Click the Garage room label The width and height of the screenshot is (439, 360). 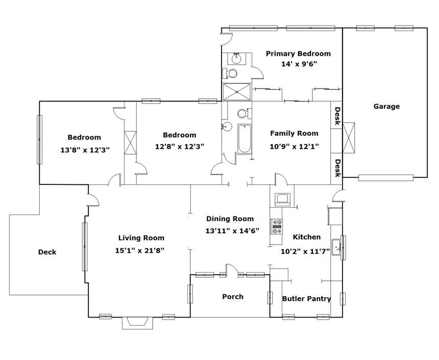pos(386,106)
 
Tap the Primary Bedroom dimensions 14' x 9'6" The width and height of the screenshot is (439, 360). pos(299,64)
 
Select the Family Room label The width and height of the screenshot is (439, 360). pos(294,133)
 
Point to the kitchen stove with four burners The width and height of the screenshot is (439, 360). pos(276,226)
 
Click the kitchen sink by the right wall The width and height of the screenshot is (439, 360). pos(336,247)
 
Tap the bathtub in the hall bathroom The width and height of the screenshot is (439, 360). pos(245,139)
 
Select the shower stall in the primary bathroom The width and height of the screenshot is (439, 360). pos(237,91)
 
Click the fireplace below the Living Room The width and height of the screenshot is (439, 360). pos(137,323)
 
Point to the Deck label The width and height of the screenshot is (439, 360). pos(47,252)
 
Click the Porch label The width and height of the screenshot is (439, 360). pos(233,297)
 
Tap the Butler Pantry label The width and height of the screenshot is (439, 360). pos(307,299)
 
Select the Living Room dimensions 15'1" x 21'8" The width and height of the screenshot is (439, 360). pos(140,250)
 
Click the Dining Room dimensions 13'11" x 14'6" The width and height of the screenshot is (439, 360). pos(232,231)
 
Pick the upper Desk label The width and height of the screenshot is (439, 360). pos(337,116)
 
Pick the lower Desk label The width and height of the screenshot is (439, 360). pos(337,168)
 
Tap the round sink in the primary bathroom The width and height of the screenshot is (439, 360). pos(237,59)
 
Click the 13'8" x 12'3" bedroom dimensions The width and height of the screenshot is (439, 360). pos(85,150)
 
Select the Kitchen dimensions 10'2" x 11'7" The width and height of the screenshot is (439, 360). pos(305,251)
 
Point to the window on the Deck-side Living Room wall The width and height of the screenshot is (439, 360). pos(85,247)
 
